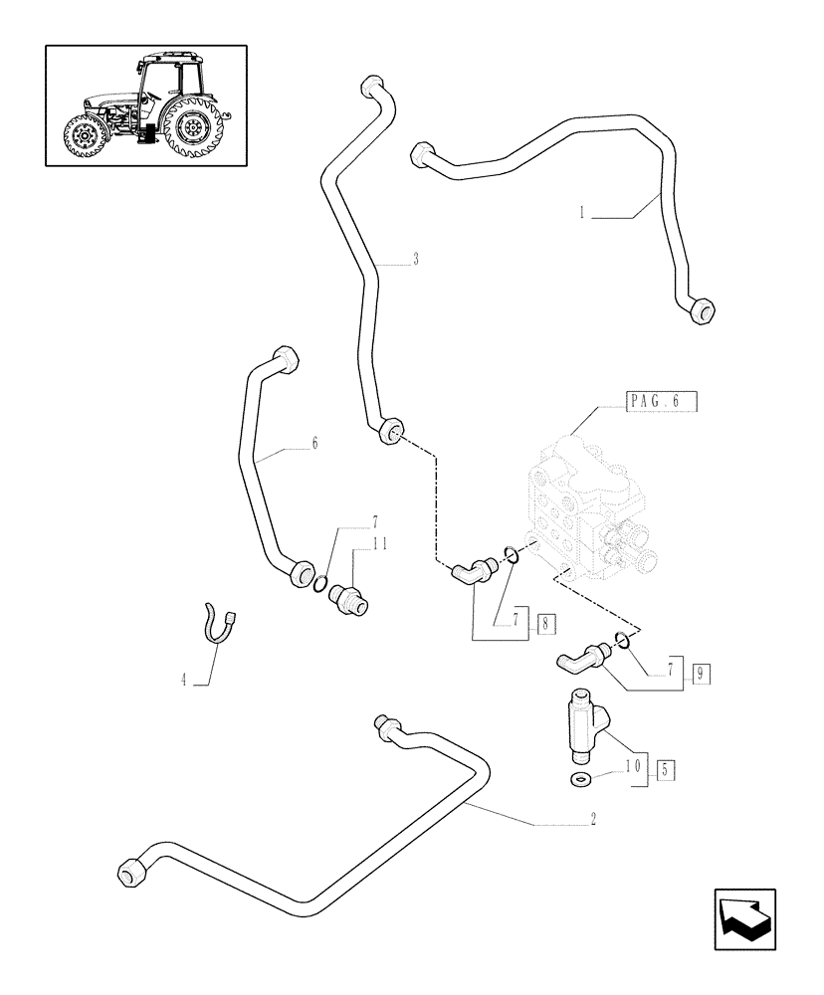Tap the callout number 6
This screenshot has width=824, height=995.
pyautogui.click(x=314, y=444)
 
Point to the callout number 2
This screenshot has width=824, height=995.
pyautogui.click(x=593, y=819)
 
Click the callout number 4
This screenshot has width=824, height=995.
pyautogui.click(x=183, y=681)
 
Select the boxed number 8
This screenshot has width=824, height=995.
pyautogui.click(x=544, y=624)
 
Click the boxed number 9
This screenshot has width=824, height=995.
pyautogui.click(x=701, y=674)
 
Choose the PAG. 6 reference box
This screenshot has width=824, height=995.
pyautogui.click(x=662, y=401)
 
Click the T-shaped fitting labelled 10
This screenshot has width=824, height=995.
pyautogui.click(x=583, y=722)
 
